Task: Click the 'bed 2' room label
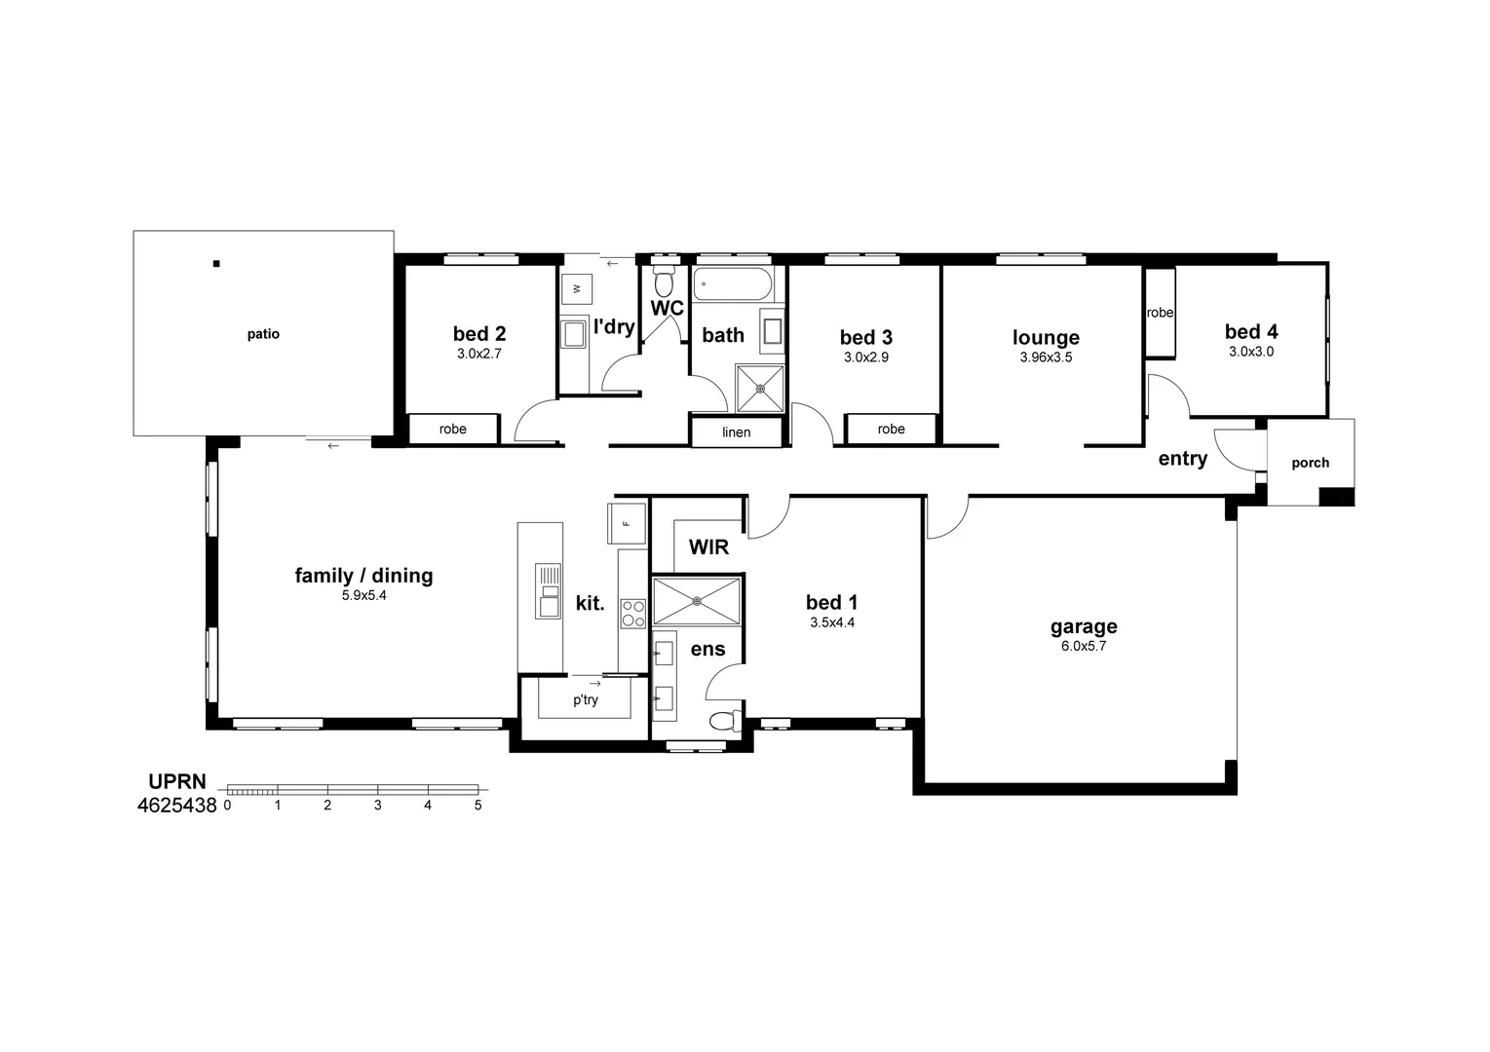[478, 334]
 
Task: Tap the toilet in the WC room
[665, 282]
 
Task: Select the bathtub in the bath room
[732, 285]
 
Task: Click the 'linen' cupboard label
[737, 432]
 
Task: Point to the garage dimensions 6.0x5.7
[1084, 646]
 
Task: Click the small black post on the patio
[216, 263]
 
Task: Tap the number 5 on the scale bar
[478, 806]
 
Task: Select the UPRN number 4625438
[176, 806]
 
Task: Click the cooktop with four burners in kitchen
[633, 613]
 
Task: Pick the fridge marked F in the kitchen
[627, 523]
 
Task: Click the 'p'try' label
[586, 699]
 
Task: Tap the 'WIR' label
[708, 547]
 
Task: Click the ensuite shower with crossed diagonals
[697, 601]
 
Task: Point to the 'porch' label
[1310, 463]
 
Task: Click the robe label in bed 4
[1160, 313]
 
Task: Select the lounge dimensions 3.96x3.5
[1046, 357]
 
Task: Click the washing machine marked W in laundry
[577, 288]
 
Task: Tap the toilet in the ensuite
[724, 722]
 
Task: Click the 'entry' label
[1182, 459]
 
